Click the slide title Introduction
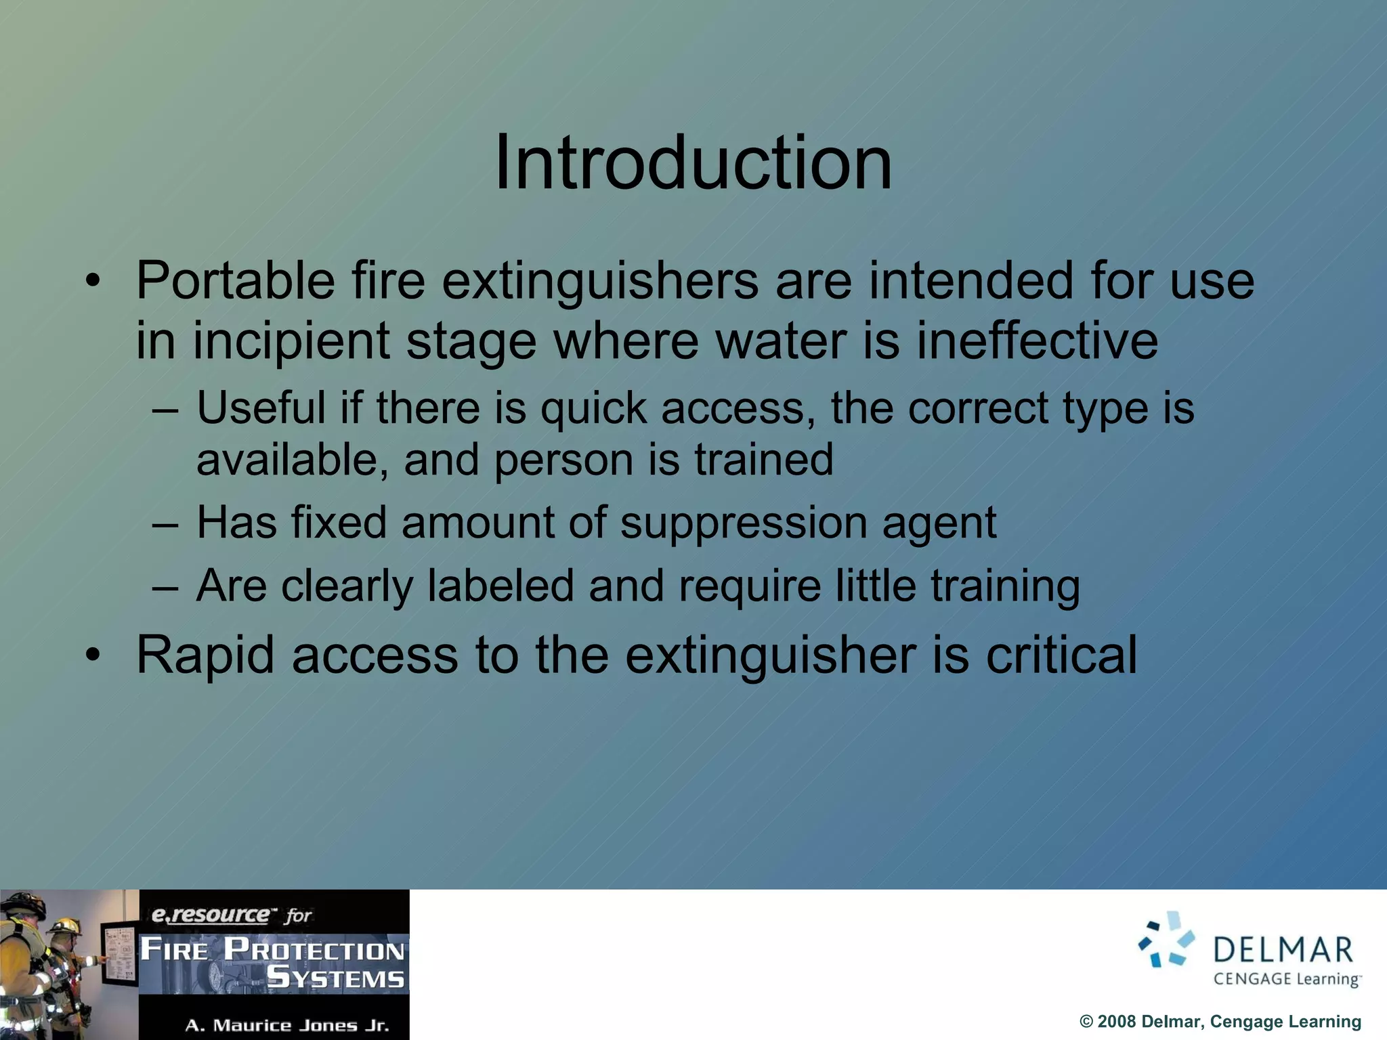(x=693, y=163)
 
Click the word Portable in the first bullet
(x=235, y=280)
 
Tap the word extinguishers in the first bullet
(x=600, y=282)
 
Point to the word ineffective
(x=1037, y=340)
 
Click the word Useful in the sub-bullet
(x=261, y=408)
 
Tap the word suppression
(x=743, y=523)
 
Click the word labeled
(x=500, y=586)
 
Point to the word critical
(x=1061, y=655)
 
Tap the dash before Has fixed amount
(x=165, y=524)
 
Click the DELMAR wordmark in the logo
(x=1283, y=950)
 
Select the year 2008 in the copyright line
(x=1117, y=1022)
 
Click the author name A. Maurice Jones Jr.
(x=287, y=1026)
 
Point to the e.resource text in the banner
(x=210, y=915)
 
